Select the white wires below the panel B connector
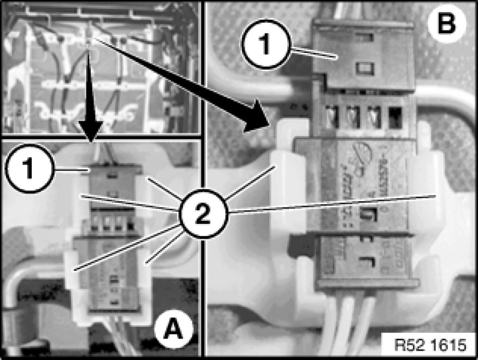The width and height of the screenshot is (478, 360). pos(350,322)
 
